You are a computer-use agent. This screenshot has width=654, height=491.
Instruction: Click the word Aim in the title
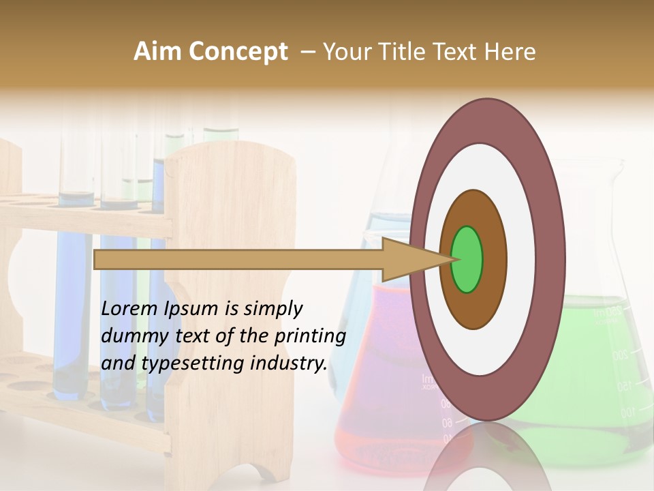tap(157, 52)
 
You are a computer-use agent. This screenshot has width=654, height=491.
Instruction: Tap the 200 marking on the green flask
tap(619, 355)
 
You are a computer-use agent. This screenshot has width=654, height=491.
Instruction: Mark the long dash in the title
tap(307, 53)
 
